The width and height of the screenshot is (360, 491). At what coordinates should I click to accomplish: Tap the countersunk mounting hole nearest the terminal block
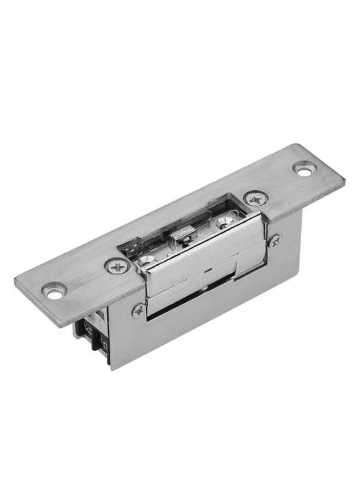click(55, 292)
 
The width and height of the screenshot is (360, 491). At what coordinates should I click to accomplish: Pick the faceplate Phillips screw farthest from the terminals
click(255, 200)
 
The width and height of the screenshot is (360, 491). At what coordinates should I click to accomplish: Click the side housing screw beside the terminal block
click(139, 310)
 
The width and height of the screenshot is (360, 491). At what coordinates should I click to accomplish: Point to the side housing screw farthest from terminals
click(274, 241)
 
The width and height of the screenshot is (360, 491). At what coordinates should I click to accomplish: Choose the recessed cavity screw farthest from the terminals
click(225, 222)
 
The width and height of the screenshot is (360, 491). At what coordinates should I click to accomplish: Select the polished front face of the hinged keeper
click(202, 256)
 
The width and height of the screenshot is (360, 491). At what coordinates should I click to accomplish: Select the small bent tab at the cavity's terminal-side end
click(131, 252)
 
